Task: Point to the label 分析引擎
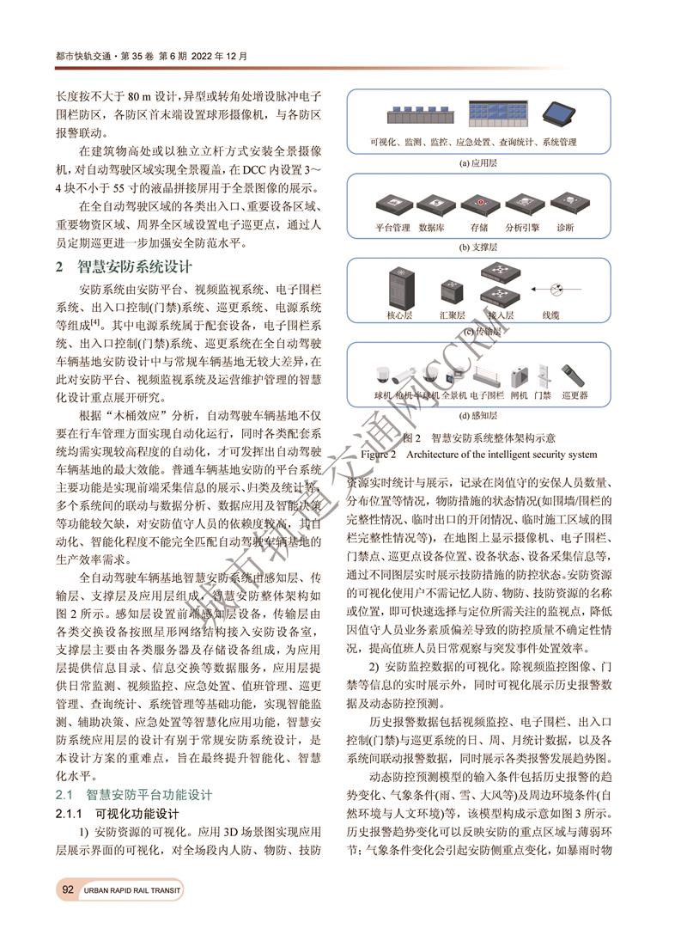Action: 522,228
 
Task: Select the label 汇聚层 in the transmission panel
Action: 452,316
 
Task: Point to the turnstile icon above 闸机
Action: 518,376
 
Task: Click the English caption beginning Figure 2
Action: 477,453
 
